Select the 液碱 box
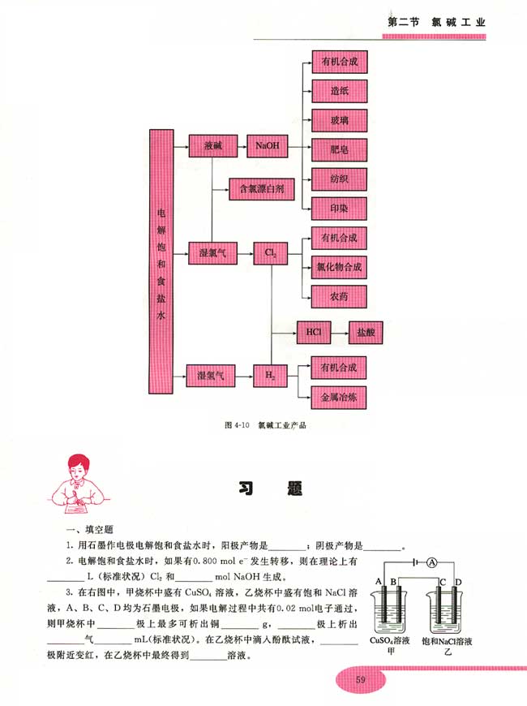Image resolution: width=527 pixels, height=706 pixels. point(212,147)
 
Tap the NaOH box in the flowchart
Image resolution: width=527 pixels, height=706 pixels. point(266,147)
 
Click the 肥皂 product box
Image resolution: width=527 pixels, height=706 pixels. point(339,148)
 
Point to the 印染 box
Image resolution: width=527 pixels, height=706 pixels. point(339,205)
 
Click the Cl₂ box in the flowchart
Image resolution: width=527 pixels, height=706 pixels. point(270,253)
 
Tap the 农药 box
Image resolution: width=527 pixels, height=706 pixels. point(339,296)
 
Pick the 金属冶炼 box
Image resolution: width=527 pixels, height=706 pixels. point(339,397)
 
